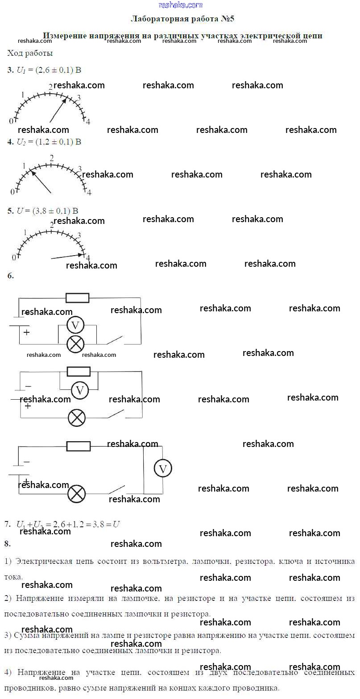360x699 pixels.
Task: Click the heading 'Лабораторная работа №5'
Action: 182,19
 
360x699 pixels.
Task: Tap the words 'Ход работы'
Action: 30,53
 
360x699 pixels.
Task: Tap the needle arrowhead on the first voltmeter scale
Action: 65,100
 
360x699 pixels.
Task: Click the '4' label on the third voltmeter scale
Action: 88,258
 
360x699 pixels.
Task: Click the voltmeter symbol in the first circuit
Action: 75,326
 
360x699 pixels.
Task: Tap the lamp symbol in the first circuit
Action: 75,344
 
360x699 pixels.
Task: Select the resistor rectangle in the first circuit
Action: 77,298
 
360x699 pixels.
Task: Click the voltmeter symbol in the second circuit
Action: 80,391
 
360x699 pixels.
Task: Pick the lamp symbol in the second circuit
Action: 77,418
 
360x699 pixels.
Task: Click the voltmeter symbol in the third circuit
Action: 163,468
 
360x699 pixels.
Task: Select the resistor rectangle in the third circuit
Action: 78,446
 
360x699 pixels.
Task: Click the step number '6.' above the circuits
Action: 11,276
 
